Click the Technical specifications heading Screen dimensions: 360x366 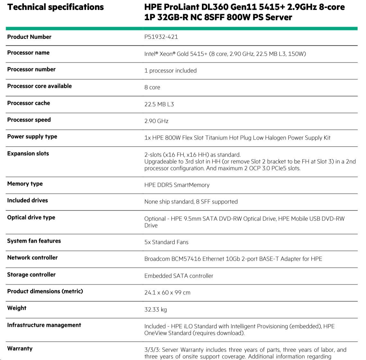tap(55, 7)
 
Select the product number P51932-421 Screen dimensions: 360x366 tap(161, 37)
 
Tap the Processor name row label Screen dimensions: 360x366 tap(28, 53)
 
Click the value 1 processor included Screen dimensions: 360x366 tap(170, 71)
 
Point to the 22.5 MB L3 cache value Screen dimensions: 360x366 tap(159, 104)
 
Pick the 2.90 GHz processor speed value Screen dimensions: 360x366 tap(156, 121)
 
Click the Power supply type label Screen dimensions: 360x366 tap(32, 137)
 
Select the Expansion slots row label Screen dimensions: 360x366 tap(28, 154)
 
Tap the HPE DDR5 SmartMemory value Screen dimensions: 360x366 tap(177, 185)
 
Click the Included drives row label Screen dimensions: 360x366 tap(27, 201)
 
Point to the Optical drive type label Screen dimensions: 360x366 tap(31, 218)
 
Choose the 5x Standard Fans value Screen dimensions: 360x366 tap(166, 242)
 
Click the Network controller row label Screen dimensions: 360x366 tap(32, 258)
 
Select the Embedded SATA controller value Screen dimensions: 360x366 tap(179, 276)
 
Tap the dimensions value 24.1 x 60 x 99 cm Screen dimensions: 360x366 tap(167, 293)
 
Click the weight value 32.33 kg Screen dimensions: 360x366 tap(155, 310)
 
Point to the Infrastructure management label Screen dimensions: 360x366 tap(44, 325)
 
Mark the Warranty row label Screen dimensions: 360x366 tap(20, 349)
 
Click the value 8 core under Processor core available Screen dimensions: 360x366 tap(152, 87)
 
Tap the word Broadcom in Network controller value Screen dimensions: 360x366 tap(157, 259)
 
